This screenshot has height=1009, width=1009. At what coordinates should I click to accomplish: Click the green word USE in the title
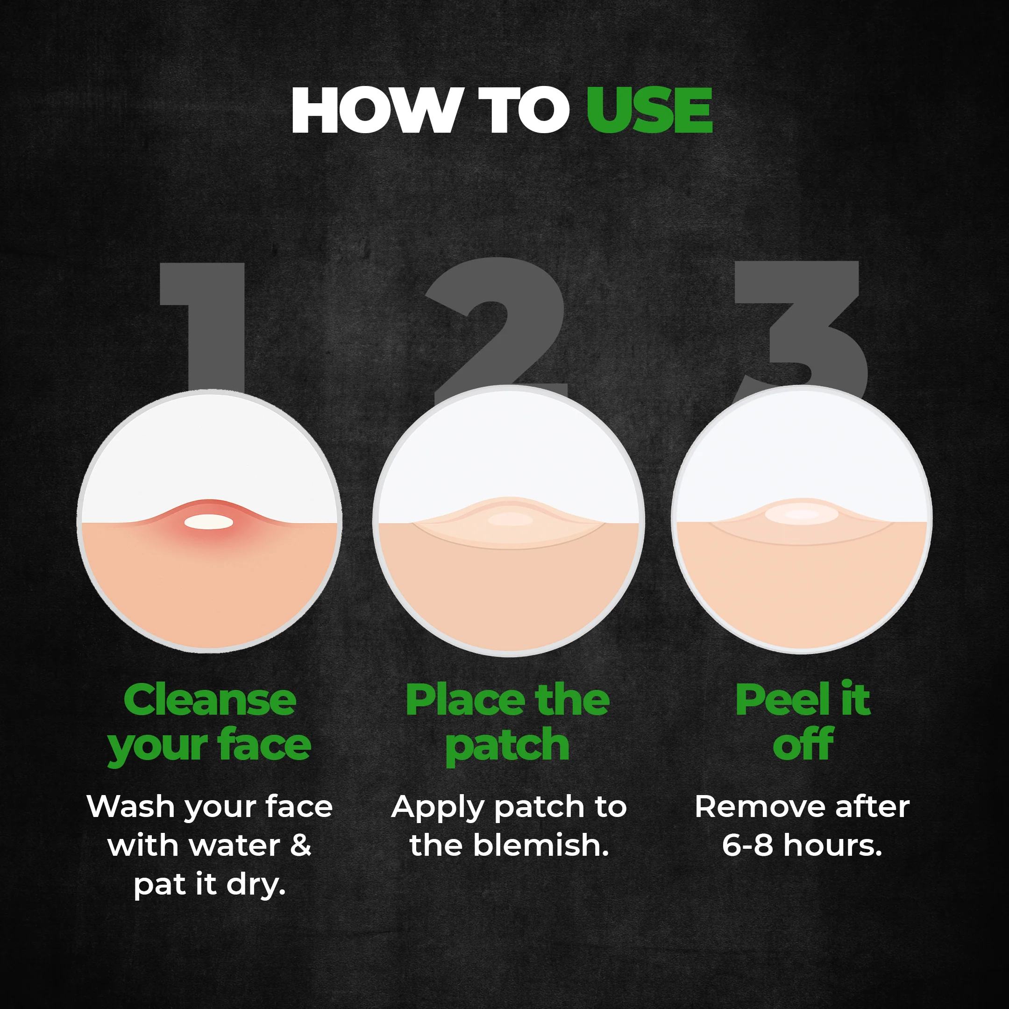649,110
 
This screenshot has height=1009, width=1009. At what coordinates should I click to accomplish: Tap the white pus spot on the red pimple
209,522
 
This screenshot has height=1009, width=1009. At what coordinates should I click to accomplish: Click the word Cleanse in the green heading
210,700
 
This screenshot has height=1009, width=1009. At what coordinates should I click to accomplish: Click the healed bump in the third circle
802,514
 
